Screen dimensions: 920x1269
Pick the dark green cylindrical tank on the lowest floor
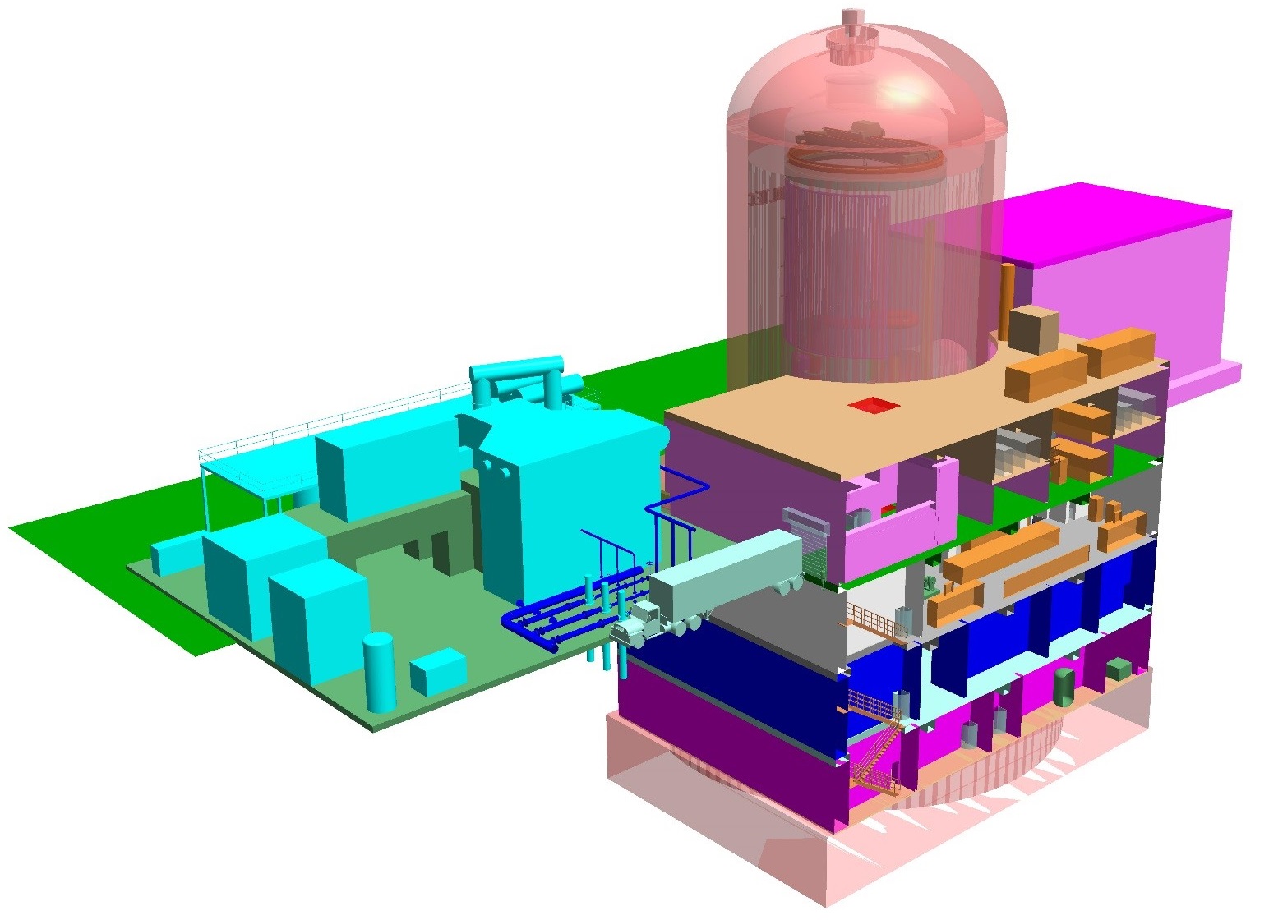tap(1064, 687)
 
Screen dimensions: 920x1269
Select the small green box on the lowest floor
tap(1119, 669)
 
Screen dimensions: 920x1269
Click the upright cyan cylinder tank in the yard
tap(379, 671)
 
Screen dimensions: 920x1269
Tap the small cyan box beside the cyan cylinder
tap(438, 671)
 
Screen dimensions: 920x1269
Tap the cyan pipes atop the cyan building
tap(518, 378)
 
